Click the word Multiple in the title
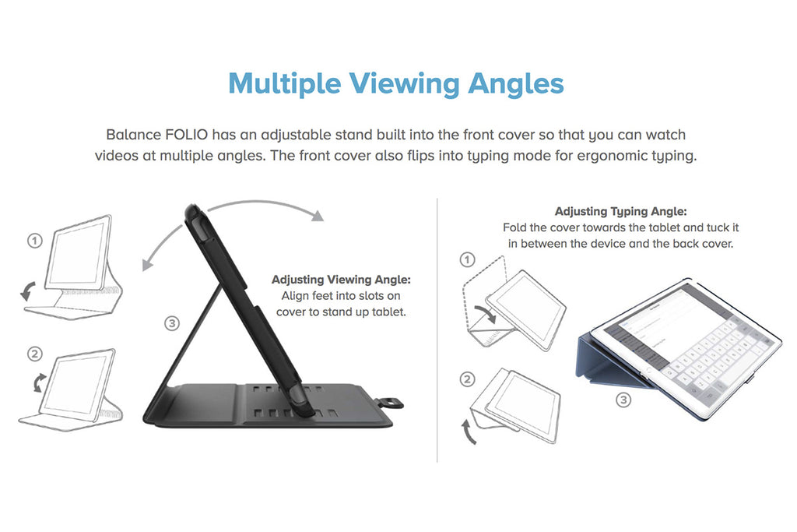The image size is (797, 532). [284, 83]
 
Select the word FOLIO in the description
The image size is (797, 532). [186, 135]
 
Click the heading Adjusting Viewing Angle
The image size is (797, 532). [341, 279]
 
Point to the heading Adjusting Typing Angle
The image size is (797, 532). [620, 211]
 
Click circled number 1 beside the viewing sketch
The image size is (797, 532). [34, 240]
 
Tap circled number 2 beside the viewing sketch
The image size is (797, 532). [34, 354]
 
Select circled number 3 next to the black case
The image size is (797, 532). [172, 323]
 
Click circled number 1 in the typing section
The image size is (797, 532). [467, 260]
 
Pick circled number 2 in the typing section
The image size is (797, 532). [467, 379]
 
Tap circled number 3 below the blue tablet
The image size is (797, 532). [623, 400]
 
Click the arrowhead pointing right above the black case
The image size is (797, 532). [318, 216]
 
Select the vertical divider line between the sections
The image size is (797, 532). [437, 330]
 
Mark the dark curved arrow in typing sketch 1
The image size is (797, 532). [486, 314]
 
